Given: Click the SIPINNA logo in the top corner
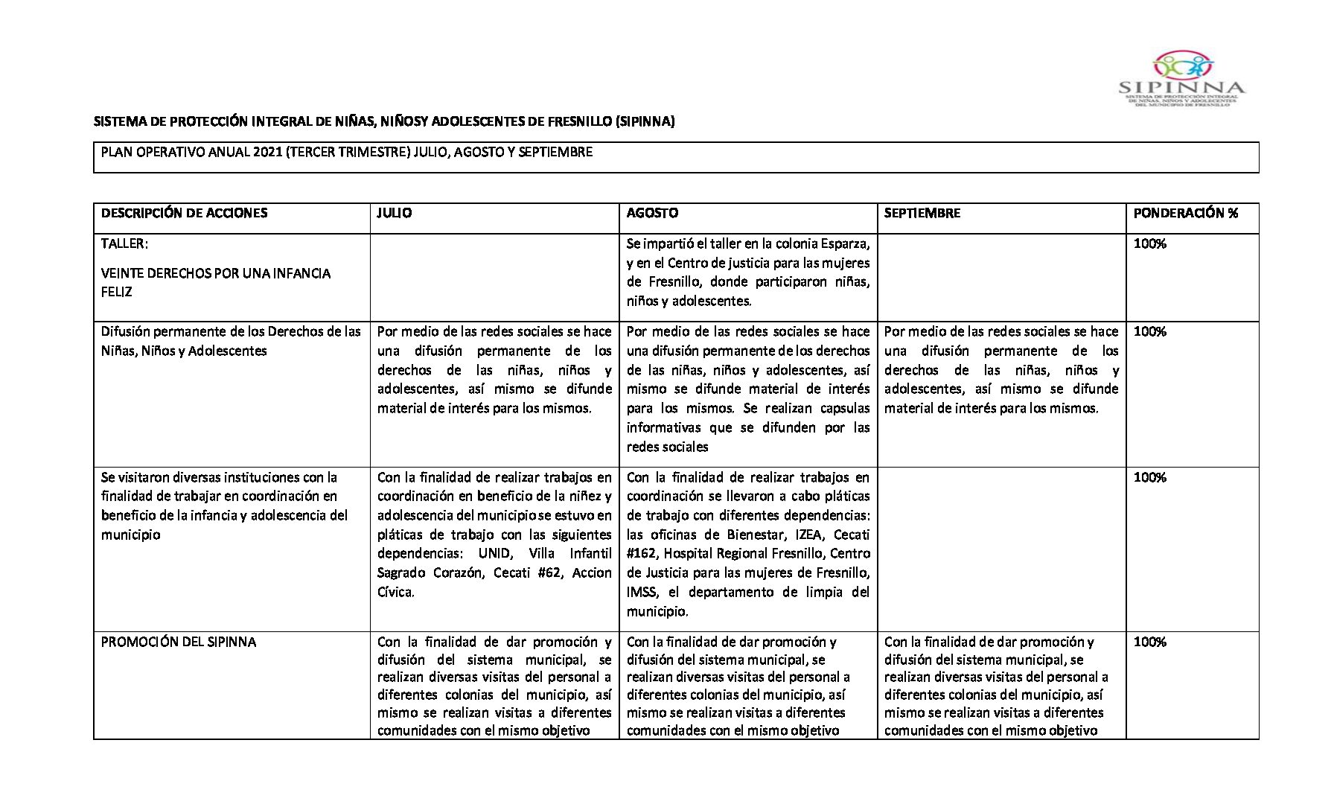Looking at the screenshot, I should point(1182,79).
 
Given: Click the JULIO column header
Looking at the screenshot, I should point(395,213).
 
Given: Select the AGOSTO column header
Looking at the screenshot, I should point(652,213).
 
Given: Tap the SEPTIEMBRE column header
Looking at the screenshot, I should point(922,213).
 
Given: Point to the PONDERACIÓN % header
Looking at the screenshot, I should point(1185,213).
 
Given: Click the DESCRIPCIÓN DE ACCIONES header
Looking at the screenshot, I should point(184,213).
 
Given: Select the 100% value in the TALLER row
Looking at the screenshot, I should point(1149,243).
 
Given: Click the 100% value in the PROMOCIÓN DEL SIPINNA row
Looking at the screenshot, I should point(1149,642).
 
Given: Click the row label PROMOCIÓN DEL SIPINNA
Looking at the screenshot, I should point(179,642).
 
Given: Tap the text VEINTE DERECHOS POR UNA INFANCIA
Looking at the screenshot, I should point(216,273).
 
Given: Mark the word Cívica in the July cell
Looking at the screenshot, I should point(395,592).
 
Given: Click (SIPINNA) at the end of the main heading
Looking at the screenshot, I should point(645,121).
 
